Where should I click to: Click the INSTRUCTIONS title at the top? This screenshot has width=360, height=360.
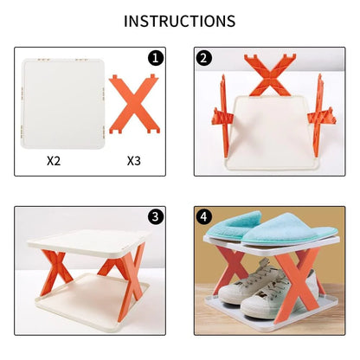tap(179, 20)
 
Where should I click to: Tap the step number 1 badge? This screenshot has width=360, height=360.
tap(156, 59)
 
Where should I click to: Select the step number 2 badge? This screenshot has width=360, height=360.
tap(204, 59)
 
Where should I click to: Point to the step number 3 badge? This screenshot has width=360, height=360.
tap(156, 216)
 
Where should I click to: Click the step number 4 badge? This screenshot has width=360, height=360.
tap(204, 216)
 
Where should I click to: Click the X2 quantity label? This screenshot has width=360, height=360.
tap(55, 160)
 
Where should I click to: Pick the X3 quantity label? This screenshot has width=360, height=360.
tap(134, 160)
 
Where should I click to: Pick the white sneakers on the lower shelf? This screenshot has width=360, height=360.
tap(251, 290)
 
